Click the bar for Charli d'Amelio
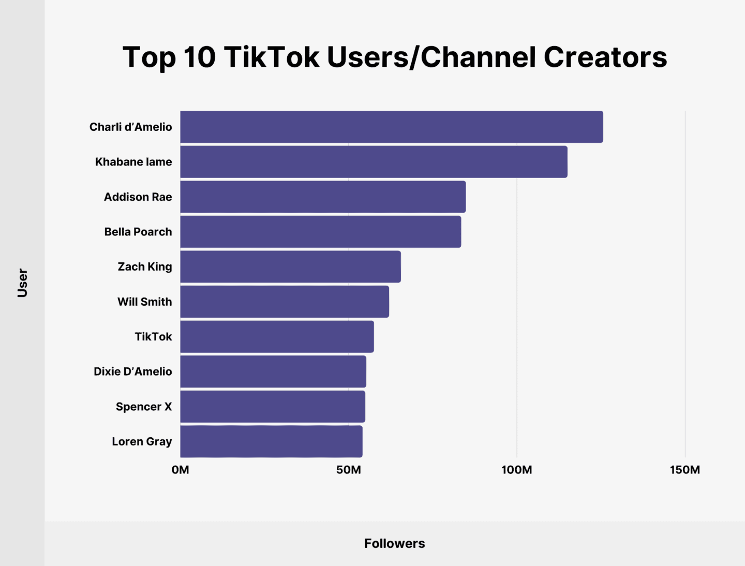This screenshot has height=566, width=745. tap(391, 127)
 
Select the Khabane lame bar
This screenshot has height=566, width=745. tap(374, 162)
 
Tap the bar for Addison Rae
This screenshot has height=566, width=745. tap(323, 197)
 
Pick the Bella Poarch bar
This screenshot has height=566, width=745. tap(320, 232)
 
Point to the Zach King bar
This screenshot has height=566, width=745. tap(290, 266)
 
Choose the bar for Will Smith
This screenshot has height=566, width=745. tap(285, 302)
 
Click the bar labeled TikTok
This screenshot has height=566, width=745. tap(277, 337)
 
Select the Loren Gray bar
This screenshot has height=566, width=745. tap(271, 441)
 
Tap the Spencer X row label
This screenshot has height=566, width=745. tap(144, 407)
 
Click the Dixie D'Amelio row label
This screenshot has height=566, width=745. tap(133, 371)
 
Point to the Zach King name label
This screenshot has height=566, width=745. tap(145, 266)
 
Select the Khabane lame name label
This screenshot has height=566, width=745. tap(133, 162)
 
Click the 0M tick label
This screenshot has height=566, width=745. tap(180, 470)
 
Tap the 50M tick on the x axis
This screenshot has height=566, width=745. tap(348, 470)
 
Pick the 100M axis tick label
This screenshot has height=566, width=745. tap(516, 470)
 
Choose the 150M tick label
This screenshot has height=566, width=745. tap(684, 470)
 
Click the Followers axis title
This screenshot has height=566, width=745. tap(394, 543)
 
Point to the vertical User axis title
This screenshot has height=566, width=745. tap(22, 282)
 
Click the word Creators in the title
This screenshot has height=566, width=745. tap(605, 57)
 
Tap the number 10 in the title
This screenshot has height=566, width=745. tap(199, 57)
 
